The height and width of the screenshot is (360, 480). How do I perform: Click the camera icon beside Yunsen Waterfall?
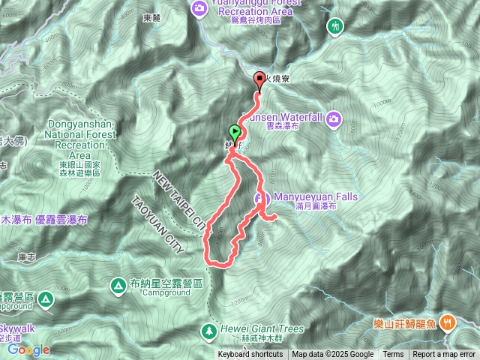click(x=333, y=118)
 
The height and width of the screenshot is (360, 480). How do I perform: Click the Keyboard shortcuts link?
click(x=250, y=355)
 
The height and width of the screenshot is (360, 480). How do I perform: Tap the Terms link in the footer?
click(x=393, y=355)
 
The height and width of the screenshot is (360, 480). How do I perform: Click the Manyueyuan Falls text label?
click(x=315, y=198)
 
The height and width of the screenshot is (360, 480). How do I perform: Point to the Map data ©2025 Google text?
click(x=333, y=355)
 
